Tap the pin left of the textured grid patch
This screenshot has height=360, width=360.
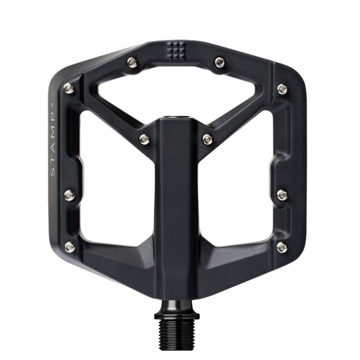point(132,62)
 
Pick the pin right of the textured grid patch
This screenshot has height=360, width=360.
point(220,62)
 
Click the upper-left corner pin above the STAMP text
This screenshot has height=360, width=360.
point(69,88)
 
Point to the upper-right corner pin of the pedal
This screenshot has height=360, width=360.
point(282,88)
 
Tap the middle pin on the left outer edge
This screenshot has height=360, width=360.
point(70,195)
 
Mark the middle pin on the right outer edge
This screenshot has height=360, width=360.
point(282,194)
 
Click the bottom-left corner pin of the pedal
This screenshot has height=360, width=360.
point(70,246)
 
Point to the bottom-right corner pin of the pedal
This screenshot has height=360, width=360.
point(282,246)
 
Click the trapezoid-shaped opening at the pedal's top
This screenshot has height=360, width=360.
point(175,92)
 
